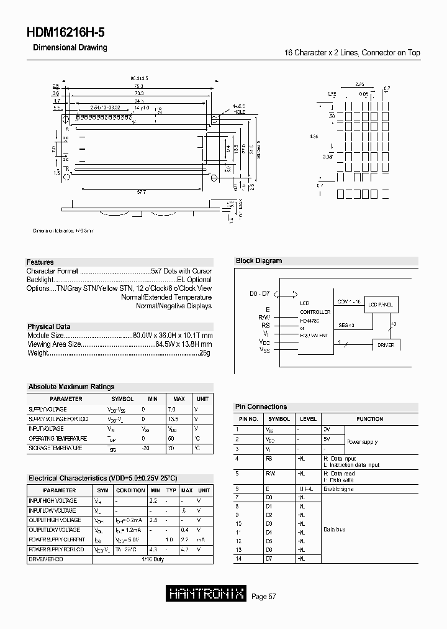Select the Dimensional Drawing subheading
70,48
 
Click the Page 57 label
264,597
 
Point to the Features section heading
40,262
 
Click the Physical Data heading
49,326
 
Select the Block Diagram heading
259,261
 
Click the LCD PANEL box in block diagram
381,305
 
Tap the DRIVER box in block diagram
386,344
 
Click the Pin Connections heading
261,406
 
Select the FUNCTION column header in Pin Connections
369,419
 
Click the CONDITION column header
130,490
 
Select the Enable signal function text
339,489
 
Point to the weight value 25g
205,353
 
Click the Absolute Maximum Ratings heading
71,387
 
